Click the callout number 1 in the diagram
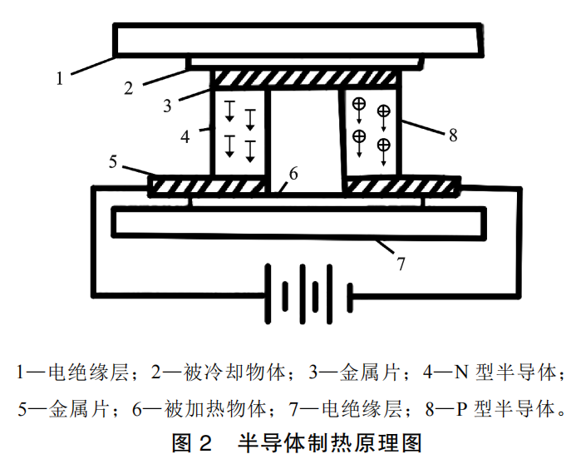point(60,78)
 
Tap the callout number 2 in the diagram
point(129,86)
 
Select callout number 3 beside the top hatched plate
point(167,106)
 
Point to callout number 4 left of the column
point(185,135)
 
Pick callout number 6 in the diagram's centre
point(292,175)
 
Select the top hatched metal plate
point(308,80)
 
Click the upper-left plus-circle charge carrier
point(359,105)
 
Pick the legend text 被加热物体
point(226,408)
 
